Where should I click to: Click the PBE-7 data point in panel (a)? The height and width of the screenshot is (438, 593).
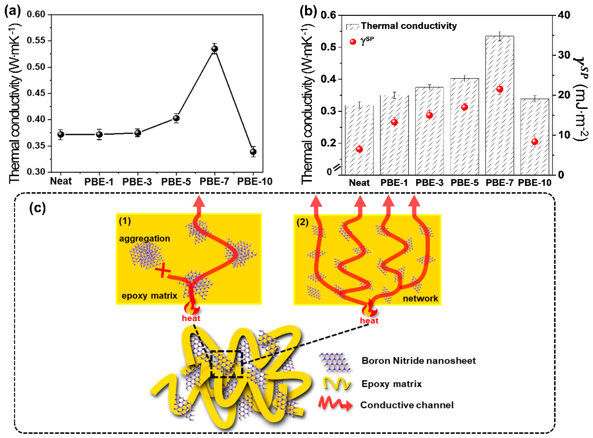[x=215, y=49]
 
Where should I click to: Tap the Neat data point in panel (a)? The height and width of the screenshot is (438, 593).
[x=61, y=134]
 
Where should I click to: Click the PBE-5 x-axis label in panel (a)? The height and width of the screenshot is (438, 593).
[x=176, y=182]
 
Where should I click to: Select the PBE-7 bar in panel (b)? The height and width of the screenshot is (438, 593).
[x=500, y=106]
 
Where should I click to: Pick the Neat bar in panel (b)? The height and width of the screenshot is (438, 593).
[x=359, y=140]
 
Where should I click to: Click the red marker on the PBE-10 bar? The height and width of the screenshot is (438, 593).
[x=535, y=142]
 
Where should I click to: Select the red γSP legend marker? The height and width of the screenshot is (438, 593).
[x=353, y=42]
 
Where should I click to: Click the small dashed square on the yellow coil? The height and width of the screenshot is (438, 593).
[x=227, y=364]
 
